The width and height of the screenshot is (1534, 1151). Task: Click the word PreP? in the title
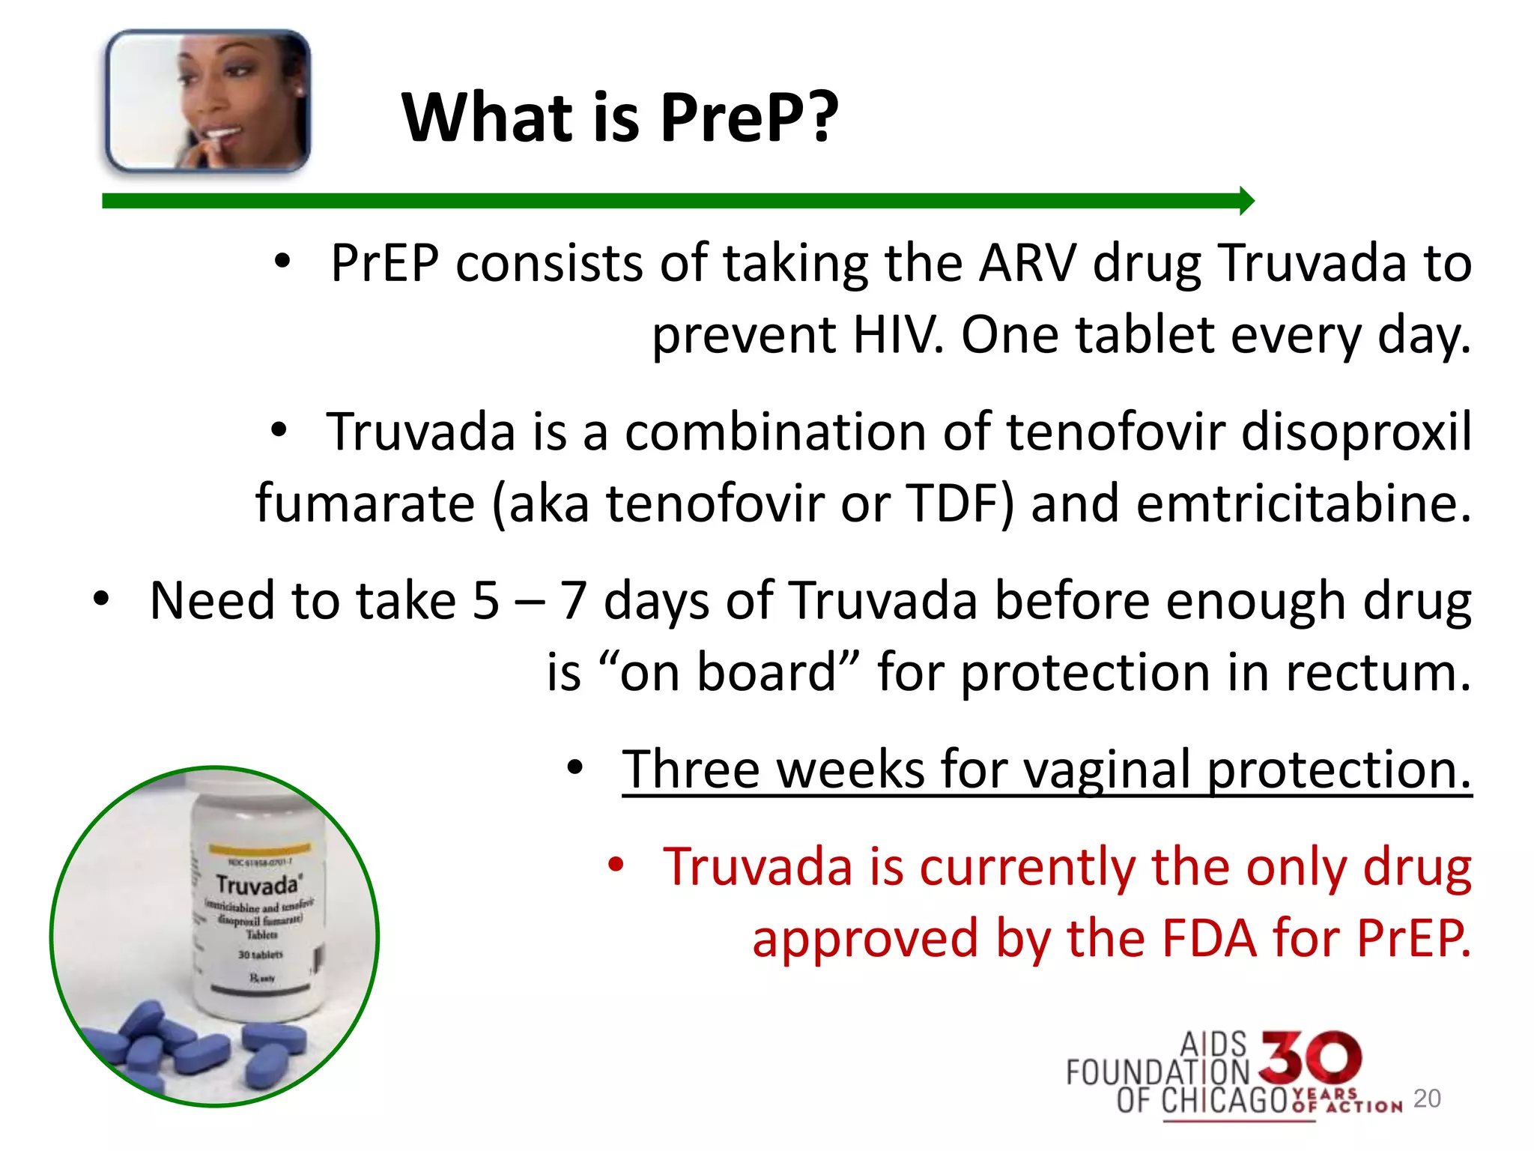point(749,118)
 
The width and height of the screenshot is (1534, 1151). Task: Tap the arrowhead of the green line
point(1246,201)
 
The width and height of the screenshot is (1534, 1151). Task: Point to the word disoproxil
point(1356,432)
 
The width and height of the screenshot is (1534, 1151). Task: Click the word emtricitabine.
point(1303,504)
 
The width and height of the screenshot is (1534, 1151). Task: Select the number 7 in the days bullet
point(573,602)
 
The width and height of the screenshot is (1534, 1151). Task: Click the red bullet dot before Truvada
point(616,865)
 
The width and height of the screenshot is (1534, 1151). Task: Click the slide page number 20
point(1427,1099)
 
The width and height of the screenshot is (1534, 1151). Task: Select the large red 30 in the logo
point(1310,1057)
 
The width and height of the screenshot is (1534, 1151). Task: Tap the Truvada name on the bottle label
point(257,885)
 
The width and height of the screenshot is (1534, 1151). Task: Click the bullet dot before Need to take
point(101,599)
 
